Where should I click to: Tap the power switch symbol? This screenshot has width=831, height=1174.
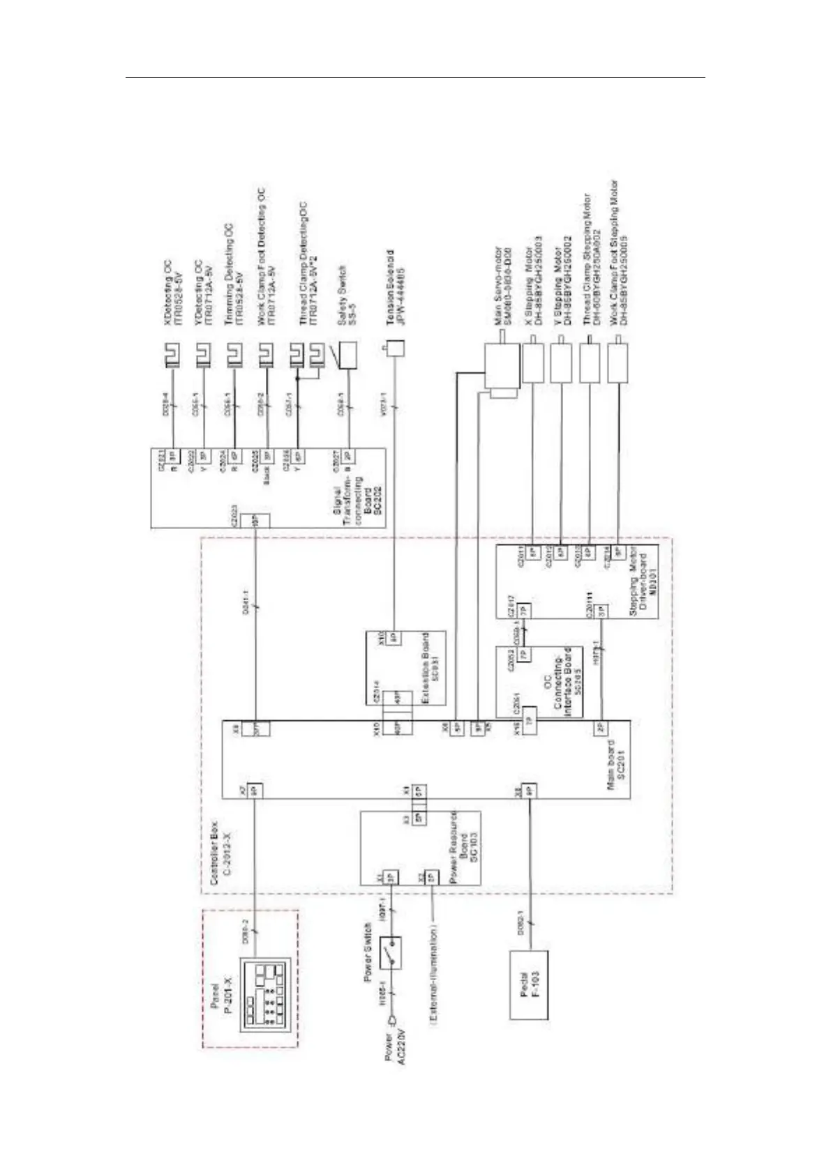(391, 952)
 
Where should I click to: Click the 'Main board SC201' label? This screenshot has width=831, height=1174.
(617, 758)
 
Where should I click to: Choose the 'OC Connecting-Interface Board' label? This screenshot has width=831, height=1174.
(558, 681)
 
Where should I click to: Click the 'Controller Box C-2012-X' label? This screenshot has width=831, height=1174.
(220, 853)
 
